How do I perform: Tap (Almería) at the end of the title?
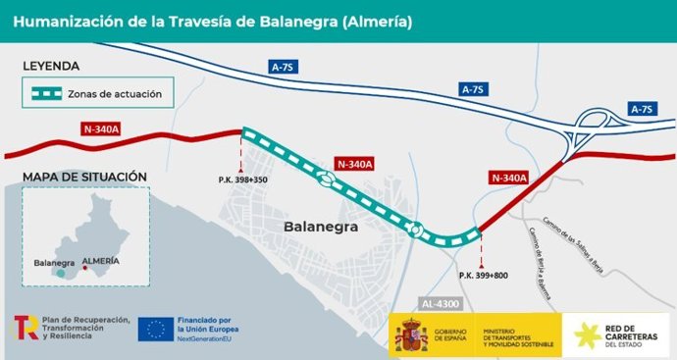point(378,20)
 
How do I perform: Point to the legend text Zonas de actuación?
point(122,95)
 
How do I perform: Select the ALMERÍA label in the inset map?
point(102,262)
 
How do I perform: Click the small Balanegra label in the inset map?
point(54,263)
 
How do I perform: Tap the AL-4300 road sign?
point(441,303)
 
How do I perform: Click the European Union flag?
point(157,330)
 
